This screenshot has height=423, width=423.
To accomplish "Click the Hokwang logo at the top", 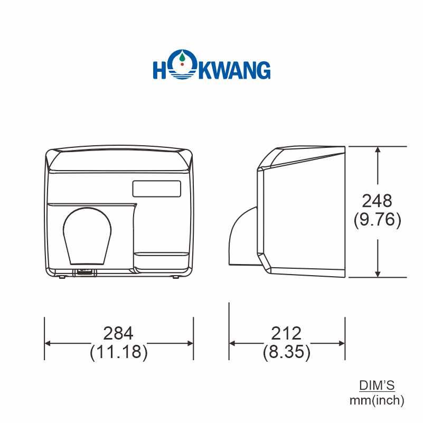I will [x=211, y=70].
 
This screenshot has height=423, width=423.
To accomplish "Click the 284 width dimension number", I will [x=118, y=333].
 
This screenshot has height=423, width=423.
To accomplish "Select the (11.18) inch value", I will [x=118, y=352].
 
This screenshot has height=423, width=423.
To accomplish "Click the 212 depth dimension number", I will [x=286, y=333].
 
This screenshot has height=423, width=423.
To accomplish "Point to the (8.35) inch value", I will [x=286, y=352].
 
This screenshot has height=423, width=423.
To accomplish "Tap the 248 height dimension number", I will [x=377, y=201].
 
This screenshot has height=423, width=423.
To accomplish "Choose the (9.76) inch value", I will [x=377, y=219].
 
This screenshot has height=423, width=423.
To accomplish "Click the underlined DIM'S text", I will [x=377, y=385].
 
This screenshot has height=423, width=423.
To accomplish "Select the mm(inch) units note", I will [x=377, y=400].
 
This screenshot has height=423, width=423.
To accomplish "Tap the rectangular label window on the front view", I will [x=156, y=187].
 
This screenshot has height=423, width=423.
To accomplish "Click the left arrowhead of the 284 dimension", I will [x=48, y=343].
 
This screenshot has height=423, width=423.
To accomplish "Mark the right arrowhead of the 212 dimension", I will [x=342, y=343].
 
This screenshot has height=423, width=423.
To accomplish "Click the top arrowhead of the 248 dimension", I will [x=378, y=150].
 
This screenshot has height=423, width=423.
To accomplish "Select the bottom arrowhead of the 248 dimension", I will [x=378, y=273].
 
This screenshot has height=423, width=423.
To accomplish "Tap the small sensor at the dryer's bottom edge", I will [x=84, y=272].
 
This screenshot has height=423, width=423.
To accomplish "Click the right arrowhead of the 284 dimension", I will [x=190, y=343].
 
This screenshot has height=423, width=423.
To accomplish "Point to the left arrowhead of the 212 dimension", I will [x=232, y=343].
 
